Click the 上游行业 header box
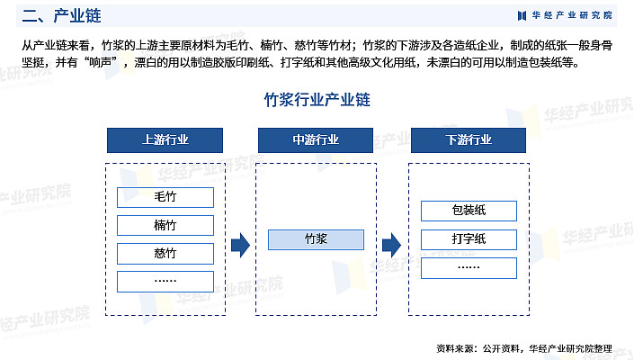(165, 140)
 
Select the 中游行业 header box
(316, 140)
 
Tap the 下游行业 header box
(469, 140)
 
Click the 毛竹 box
(165, 197)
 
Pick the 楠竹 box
(165, 225)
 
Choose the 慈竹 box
(165, 254)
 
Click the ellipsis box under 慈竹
(165, 282)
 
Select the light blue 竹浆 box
(316, 239)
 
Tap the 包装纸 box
(469, 211)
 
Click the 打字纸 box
(469, 239)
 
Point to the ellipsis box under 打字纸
(469, 268)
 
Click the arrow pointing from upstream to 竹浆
(241, 245)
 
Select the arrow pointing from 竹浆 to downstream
(391, 245)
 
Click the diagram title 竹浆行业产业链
(317, 100)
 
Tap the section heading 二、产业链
(61, 16)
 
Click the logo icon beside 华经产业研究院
(522, 16)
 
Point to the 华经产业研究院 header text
(572, 15)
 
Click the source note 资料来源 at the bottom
(524, 348)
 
